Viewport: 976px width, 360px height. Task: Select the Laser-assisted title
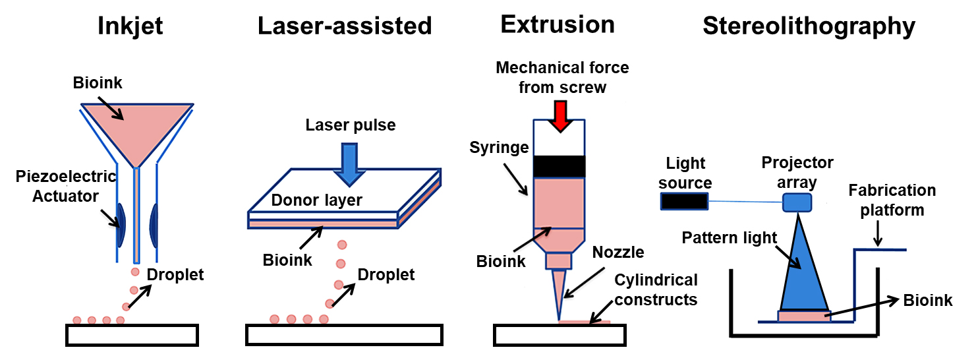click(x=345, y=26)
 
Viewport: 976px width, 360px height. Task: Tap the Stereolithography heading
click(x=809, y=26)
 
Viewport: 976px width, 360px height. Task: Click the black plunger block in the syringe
click(x=559, y=166)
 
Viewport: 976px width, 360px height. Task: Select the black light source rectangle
click(x=685, y=201)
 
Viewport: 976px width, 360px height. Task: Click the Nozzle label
click(x=617, y=252)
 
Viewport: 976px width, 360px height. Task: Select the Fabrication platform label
click(x=892, y=200)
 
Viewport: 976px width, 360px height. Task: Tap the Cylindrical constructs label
click(x=655, y=290)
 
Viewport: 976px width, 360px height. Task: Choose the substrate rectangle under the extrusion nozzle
click(x=559, y=336)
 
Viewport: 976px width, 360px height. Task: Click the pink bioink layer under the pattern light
click(x=803, y=316)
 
